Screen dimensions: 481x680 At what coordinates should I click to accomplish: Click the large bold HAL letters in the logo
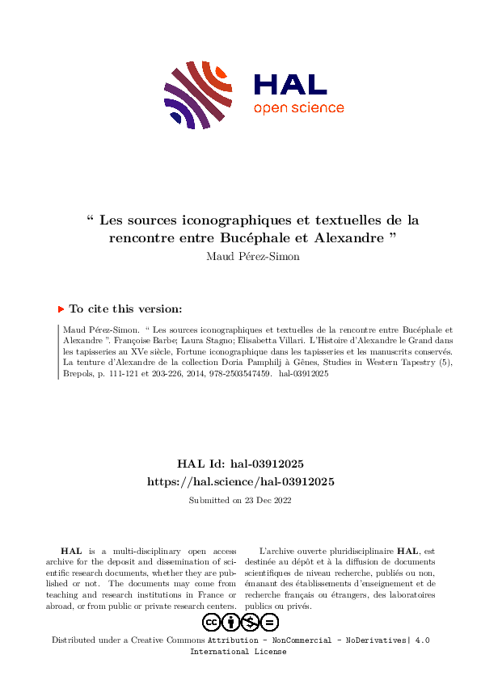(x=289, y=84)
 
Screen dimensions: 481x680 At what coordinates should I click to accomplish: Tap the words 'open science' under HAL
(x=298, y=108)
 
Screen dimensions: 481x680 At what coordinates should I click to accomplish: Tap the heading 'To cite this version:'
(x=125, y=309)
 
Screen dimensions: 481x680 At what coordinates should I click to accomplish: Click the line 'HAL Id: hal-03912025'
(x=240, y=464)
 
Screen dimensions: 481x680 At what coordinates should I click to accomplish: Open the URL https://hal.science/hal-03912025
(x=240, y=481)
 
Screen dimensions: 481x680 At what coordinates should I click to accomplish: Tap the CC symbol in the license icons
(x=212, y=622)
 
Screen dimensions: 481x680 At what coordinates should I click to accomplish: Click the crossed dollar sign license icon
(x=251, y=622)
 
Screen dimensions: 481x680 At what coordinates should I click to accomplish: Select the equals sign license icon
(x=270, y=622)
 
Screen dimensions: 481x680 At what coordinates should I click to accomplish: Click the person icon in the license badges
(x=231, y=622)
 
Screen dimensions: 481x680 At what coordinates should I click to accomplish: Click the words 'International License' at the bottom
(x=238, y=651)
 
